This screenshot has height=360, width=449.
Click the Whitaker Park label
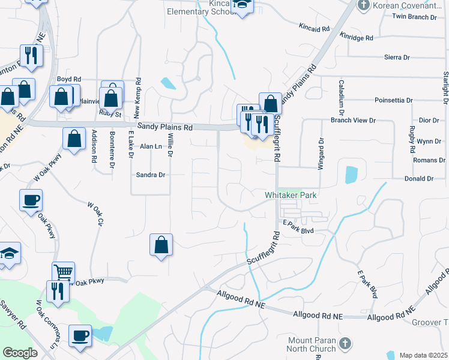(x=291, y=195)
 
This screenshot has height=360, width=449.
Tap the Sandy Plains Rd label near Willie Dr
(x=164, y=127)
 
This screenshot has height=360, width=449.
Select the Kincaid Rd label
(x=314, y=28)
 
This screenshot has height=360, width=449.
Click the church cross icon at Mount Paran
(x=345, y=343)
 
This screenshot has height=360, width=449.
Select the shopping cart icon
(x=63, y=272)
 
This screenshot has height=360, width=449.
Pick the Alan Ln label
(x=151, y=146)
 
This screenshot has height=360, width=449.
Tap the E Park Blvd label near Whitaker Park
(x=299, y=229)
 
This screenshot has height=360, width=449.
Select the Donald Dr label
(x=419, y=179)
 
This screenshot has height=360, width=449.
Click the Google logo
(x=20, y=353)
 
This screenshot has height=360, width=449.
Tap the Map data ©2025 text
(x=423, y=355)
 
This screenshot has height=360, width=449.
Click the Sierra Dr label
(x=397, y=58)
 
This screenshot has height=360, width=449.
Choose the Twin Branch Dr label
(x=414, y=17)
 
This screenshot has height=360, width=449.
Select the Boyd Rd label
(x=68, y=79)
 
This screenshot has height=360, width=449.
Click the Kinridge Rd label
(x=356, y=37)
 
